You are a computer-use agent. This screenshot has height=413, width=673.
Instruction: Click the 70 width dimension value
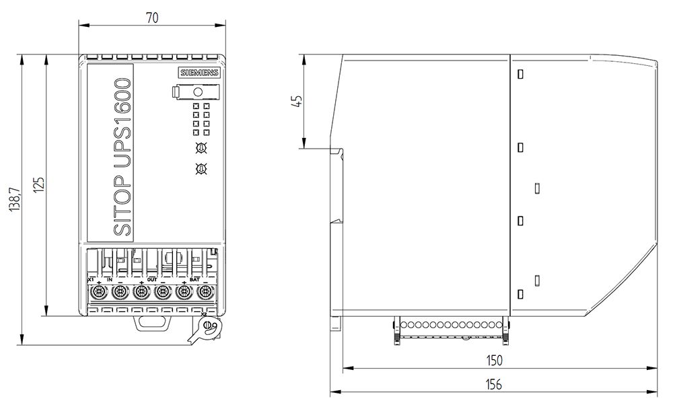152,19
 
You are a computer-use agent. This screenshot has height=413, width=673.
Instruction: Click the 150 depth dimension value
494,361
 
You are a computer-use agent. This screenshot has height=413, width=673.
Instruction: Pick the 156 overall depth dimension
494,384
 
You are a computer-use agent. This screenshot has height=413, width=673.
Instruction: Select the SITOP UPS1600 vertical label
122,156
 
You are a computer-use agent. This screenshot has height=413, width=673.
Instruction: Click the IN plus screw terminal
99,292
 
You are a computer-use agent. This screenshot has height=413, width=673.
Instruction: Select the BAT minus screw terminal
205,292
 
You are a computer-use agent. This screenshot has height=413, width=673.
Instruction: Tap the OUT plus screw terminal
141,292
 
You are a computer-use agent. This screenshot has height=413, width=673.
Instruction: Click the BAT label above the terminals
194,278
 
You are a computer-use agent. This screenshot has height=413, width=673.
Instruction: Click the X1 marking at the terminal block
91,278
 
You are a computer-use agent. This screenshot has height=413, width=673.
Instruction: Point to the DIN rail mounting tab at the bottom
152,323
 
